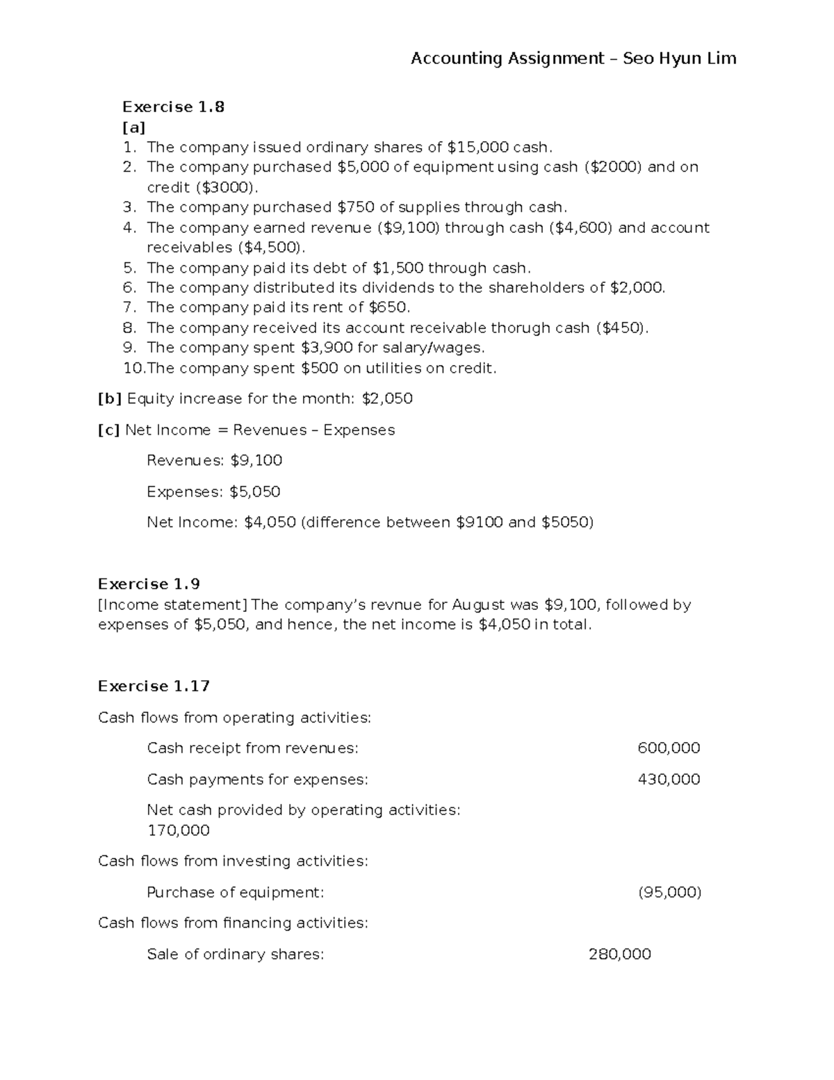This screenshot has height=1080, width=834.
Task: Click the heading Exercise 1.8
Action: coord(173,107)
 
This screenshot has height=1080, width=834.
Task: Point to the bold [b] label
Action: coord(110,399)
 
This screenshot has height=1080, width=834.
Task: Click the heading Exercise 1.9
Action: coord(149,584)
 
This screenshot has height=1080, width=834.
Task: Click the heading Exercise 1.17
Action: coord(154,686)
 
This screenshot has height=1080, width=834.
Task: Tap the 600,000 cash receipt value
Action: coord(669,748)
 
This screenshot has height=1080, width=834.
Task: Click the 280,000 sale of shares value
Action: coord(619,954)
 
